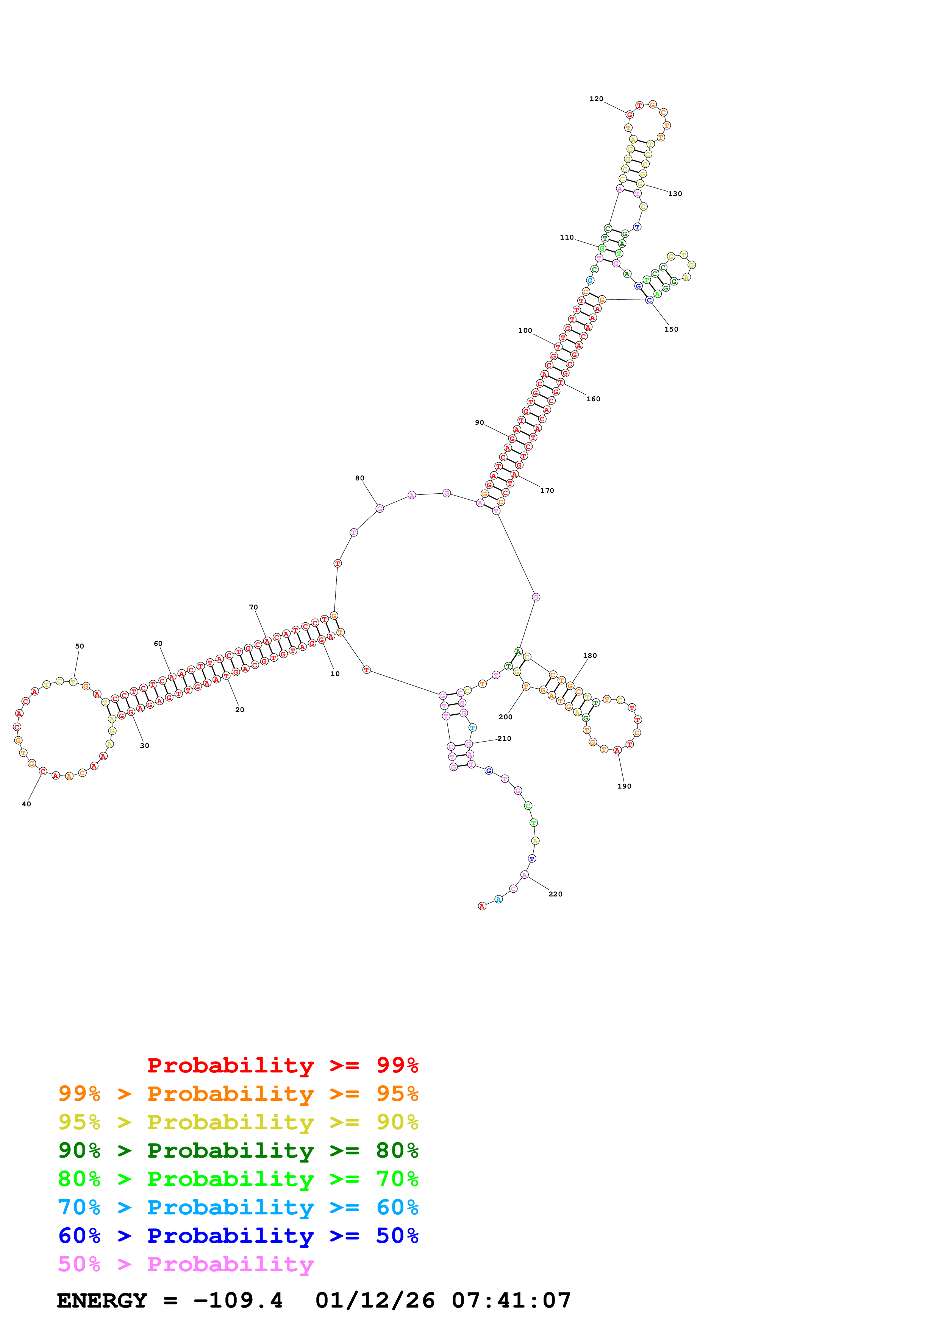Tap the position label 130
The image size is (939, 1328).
coord(675,194)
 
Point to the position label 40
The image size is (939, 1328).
coord(27,804)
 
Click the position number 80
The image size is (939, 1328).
coord(359,479)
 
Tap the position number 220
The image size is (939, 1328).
coord(555,894)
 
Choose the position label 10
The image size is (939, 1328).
coord(335,674)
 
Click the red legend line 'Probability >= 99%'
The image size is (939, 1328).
coord(282,1065)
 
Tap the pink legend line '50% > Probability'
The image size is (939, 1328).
coord(186,1264)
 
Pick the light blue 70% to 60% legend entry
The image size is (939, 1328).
coord(238,1207)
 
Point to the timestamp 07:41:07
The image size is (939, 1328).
coord(511,1300)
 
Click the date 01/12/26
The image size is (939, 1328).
coord(375,1300)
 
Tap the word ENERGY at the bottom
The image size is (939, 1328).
coord(102,1300)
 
